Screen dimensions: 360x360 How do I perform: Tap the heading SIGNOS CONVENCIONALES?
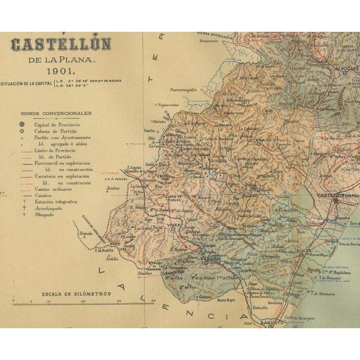click(x=64, y=113)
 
